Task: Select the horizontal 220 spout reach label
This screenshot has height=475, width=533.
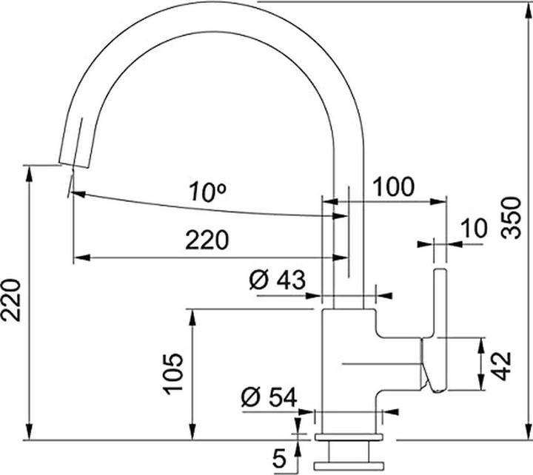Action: point(207,240)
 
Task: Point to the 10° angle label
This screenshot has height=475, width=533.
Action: point(207,193)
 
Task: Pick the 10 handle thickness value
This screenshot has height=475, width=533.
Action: point(473,229)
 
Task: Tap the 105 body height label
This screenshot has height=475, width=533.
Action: point(172,374)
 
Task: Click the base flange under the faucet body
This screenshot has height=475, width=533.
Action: point(349,439)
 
